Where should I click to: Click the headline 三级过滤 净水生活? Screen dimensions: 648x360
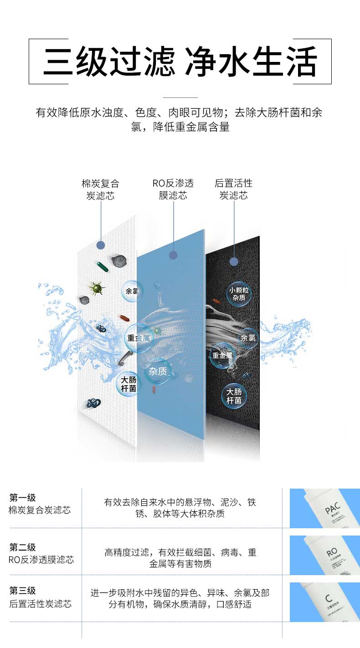pyautogui.click(x=180, y=61)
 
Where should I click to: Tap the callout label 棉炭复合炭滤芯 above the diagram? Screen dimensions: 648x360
pyautogui.click(x=100, y=189)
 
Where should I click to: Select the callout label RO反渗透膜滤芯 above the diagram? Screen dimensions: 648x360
pyautogui.click(x=173, y=189)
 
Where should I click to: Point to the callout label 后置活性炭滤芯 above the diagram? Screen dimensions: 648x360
pyautogui.click(x=233, y=189)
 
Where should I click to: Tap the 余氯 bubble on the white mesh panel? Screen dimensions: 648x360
pyautogui.click(x=132, y=291)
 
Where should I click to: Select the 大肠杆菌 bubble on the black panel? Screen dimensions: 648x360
pyautogui.click(x=234, y=396)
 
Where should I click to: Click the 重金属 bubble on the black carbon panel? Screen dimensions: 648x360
pyautogui.click(x=222, y=355)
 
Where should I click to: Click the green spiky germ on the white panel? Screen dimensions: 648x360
pyautogui.click(x=96, y=287)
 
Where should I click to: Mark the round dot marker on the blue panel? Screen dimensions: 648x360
pyautogui.click(x=173, y=255)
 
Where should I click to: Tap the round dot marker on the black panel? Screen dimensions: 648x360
pyautogui.click(x=234, y=261)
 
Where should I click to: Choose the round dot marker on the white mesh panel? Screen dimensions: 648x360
pyautogui.click(x=101, y=245)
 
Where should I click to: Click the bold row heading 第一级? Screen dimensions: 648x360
pyautogui.click(x=22, y=498)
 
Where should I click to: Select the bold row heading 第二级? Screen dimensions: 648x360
pyautogui.click(x=22, y=547)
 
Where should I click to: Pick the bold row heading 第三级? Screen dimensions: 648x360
pyautogui.click(x=22, y=591)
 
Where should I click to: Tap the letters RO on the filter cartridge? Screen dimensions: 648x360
pyautogui.click(x=331, y=553)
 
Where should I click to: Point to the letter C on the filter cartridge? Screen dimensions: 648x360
pyautogui.click(x=328, y=597)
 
